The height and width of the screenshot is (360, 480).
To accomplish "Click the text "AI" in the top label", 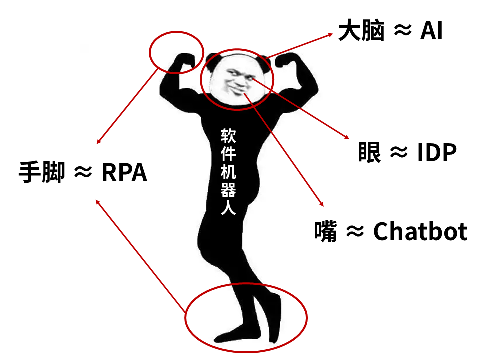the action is click(431, 31).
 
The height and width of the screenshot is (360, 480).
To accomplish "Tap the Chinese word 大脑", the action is click(361, 31).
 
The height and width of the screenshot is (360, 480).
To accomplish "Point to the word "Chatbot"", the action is click(420, 231).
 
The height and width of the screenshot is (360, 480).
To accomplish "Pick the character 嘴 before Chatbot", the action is click(326, 231).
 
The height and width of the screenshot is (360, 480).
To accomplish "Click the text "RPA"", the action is click(124, 173).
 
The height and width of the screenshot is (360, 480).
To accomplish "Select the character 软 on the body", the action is click(229, 135).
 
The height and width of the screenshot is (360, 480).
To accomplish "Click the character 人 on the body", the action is click(229, 206).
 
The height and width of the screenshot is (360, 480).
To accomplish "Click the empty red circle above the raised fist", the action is click(176, 52).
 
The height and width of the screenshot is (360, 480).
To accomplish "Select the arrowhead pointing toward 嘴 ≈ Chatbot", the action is click(321, 204).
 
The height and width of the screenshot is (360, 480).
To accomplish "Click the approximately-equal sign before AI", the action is click(403, 31).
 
